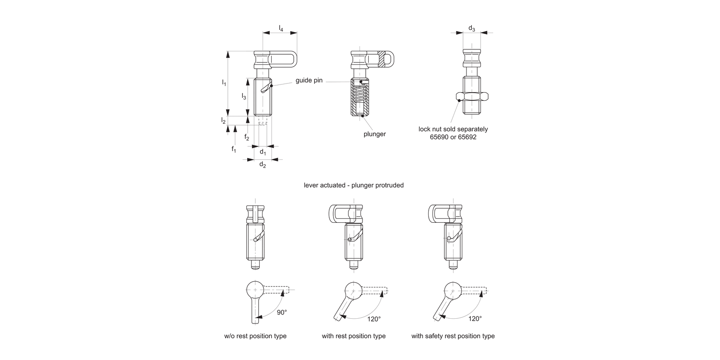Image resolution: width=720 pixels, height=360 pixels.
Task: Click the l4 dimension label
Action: pos(281,29)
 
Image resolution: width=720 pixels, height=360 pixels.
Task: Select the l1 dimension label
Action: pos(224,83)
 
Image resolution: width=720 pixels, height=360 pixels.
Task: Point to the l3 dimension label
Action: pos(244,96)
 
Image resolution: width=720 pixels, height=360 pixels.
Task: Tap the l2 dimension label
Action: pos(224,120)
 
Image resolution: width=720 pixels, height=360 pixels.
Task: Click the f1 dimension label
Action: pos(234,149)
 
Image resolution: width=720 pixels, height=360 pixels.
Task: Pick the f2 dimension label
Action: pos(247,137)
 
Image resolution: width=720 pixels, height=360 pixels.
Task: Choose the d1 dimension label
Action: pos(263,152)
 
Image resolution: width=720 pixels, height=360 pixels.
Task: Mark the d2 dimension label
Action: pos(263,165)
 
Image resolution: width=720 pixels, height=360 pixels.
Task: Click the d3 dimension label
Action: pos(471,29)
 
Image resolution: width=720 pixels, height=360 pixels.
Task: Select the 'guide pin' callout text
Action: pos(309,80)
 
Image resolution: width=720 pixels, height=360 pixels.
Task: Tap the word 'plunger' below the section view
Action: pos(374,134)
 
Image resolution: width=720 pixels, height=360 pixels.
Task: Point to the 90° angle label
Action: pos(282,312)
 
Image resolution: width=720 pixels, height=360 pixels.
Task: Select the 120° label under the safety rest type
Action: pos(474,318)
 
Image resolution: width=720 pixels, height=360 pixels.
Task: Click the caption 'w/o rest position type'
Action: pos(255,336)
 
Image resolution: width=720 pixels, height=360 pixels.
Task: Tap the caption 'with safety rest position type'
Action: pos(453,336)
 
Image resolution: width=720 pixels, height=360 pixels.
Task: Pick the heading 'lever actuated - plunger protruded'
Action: pos(354,185)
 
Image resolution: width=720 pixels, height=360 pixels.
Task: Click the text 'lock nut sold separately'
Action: pos(453,129)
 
